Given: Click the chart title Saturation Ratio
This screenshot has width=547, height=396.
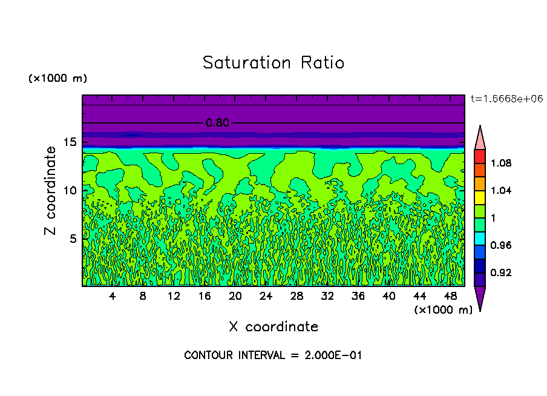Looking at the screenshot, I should [x=273, y=63].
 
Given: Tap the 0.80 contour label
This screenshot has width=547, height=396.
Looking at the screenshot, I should [x=217, y=123].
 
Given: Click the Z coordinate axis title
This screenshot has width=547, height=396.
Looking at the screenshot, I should [x=51, y=191].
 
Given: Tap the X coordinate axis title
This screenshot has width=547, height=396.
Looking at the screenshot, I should [x=273, y=327].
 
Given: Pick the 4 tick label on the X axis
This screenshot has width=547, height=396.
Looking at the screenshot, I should [x=113, y=296].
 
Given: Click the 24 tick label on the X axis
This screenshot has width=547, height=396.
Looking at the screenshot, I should [x=266, y=296].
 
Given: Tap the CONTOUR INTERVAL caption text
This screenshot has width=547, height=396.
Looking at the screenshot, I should [x=273, y=355].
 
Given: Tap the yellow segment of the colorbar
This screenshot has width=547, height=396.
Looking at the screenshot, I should [x=480, y=197].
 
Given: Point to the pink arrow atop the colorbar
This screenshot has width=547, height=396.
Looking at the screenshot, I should [x=480, y=139].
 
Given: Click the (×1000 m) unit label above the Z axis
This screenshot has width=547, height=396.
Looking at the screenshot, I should [x=57, y=79].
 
